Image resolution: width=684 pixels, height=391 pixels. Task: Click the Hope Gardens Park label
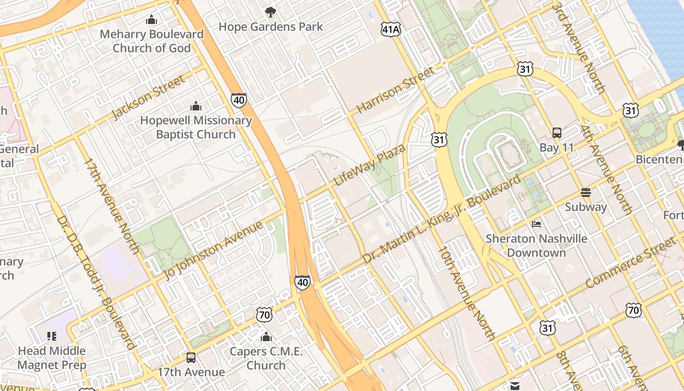[271, 27]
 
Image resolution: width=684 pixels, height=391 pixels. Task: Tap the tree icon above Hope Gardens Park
[270, 12]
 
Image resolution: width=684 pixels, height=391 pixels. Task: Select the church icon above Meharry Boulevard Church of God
[151, 20]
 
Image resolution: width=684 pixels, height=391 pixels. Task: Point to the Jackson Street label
[149, 97]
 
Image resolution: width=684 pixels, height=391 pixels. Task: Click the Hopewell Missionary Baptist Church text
[196, 127]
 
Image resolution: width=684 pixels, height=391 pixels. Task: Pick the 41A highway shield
[391, 29]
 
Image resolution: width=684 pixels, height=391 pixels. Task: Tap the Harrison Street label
[395, 90]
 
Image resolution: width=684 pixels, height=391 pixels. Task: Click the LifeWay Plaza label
[369, 165]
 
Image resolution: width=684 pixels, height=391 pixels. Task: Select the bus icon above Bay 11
[556, 132]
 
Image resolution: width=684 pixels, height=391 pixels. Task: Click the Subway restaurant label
[586, 207]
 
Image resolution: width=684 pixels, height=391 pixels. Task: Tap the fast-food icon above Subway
[586, 192]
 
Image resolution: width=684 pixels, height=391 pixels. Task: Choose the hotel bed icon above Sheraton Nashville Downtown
[536, 224]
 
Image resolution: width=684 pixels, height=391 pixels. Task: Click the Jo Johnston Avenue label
[214, 250]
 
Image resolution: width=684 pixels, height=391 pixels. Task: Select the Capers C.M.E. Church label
[266, 358]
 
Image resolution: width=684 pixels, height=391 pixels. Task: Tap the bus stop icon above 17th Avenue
[191, 357]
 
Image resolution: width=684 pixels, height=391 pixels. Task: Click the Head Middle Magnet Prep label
[52, 358]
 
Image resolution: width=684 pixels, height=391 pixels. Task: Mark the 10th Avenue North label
[467, 293]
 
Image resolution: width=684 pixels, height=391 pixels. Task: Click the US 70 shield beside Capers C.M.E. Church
[264, 315]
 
